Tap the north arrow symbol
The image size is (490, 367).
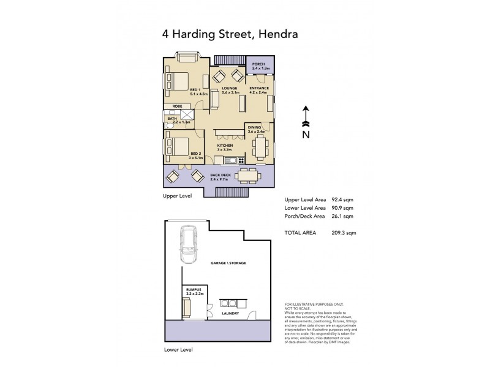pyautogui.click(x=306, y=116)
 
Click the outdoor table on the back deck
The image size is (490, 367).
pyautogui.click(x=247, y=176)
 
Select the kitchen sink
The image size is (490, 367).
pyautogui.click(x=231, y=160)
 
